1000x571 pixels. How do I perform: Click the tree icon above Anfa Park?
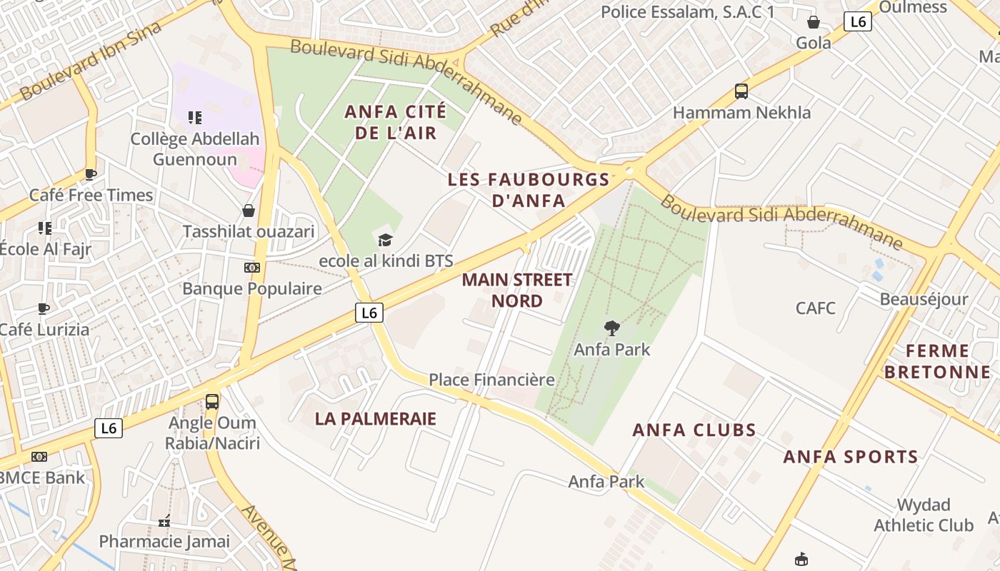pyautogui.click(x=611, y=328)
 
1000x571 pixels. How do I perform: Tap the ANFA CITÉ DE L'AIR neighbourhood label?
pyautogui.click(x=395, y=122)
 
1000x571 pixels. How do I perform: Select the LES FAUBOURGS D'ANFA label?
pyautogui.click(x=529, y=190)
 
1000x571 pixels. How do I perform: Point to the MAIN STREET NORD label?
pyautogui.click(x=517, y=290)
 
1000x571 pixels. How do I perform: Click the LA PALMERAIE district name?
pyautogui.click(x=375, y=419)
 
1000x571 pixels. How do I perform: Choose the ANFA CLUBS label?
pyautogui.click(x=694, y=430)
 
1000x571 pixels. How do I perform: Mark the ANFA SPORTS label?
pyautogui.click(x=851, y=457)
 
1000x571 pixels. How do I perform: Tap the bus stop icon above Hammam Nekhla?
pyautogui.click(x=741, y=91)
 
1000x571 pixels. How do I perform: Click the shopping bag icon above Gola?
pyautogui.click(x=813, y=22)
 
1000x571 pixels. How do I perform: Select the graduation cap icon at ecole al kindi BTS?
pyautogui.click(x=386, y=240)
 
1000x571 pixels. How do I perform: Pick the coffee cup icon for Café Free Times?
pyautogui.click(x=91, y=174)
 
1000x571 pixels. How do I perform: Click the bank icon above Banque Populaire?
pyautogui.click(x=251, y=268)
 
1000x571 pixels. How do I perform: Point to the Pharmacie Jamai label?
pyautogui.click(x=164, y=541)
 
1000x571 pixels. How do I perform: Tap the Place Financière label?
pyautogui.click(x=491, y=380)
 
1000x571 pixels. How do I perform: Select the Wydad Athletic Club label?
pyautogui.click(x=923, y=515)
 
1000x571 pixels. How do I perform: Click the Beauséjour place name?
pyautogui.click(x=924, y=299)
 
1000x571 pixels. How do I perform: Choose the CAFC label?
pyautogui.click(x=816, y=308)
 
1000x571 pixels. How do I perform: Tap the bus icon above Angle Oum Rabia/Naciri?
pyautogui.click(x=212, y=401)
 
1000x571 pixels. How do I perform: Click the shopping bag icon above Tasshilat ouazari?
pyautogui.click(x=249, y=211)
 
